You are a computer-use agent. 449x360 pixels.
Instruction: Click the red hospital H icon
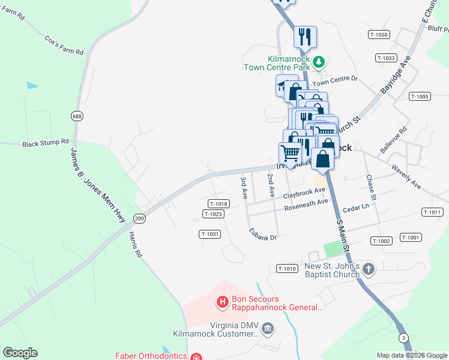tap(222, 301)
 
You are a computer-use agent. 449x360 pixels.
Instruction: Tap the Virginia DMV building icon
tap(268, 328)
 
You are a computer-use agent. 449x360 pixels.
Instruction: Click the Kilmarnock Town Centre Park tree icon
tap(320, 61)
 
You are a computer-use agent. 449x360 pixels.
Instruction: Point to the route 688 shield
tap(76, 116)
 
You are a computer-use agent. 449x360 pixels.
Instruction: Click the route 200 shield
tap(139, 218)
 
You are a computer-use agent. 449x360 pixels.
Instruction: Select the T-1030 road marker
tap(379, 35)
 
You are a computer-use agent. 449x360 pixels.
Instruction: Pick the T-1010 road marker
tap(287, 268)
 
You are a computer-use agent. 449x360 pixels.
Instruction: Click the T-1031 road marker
tap(210, 234)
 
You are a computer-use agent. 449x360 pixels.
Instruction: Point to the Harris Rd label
tap(135, 245)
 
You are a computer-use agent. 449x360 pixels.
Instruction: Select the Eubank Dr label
tap(263, 233)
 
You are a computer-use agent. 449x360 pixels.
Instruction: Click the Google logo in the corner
tap(20, 353)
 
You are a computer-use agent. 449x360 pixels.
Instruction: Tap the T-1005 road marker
tap(420, 96)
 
